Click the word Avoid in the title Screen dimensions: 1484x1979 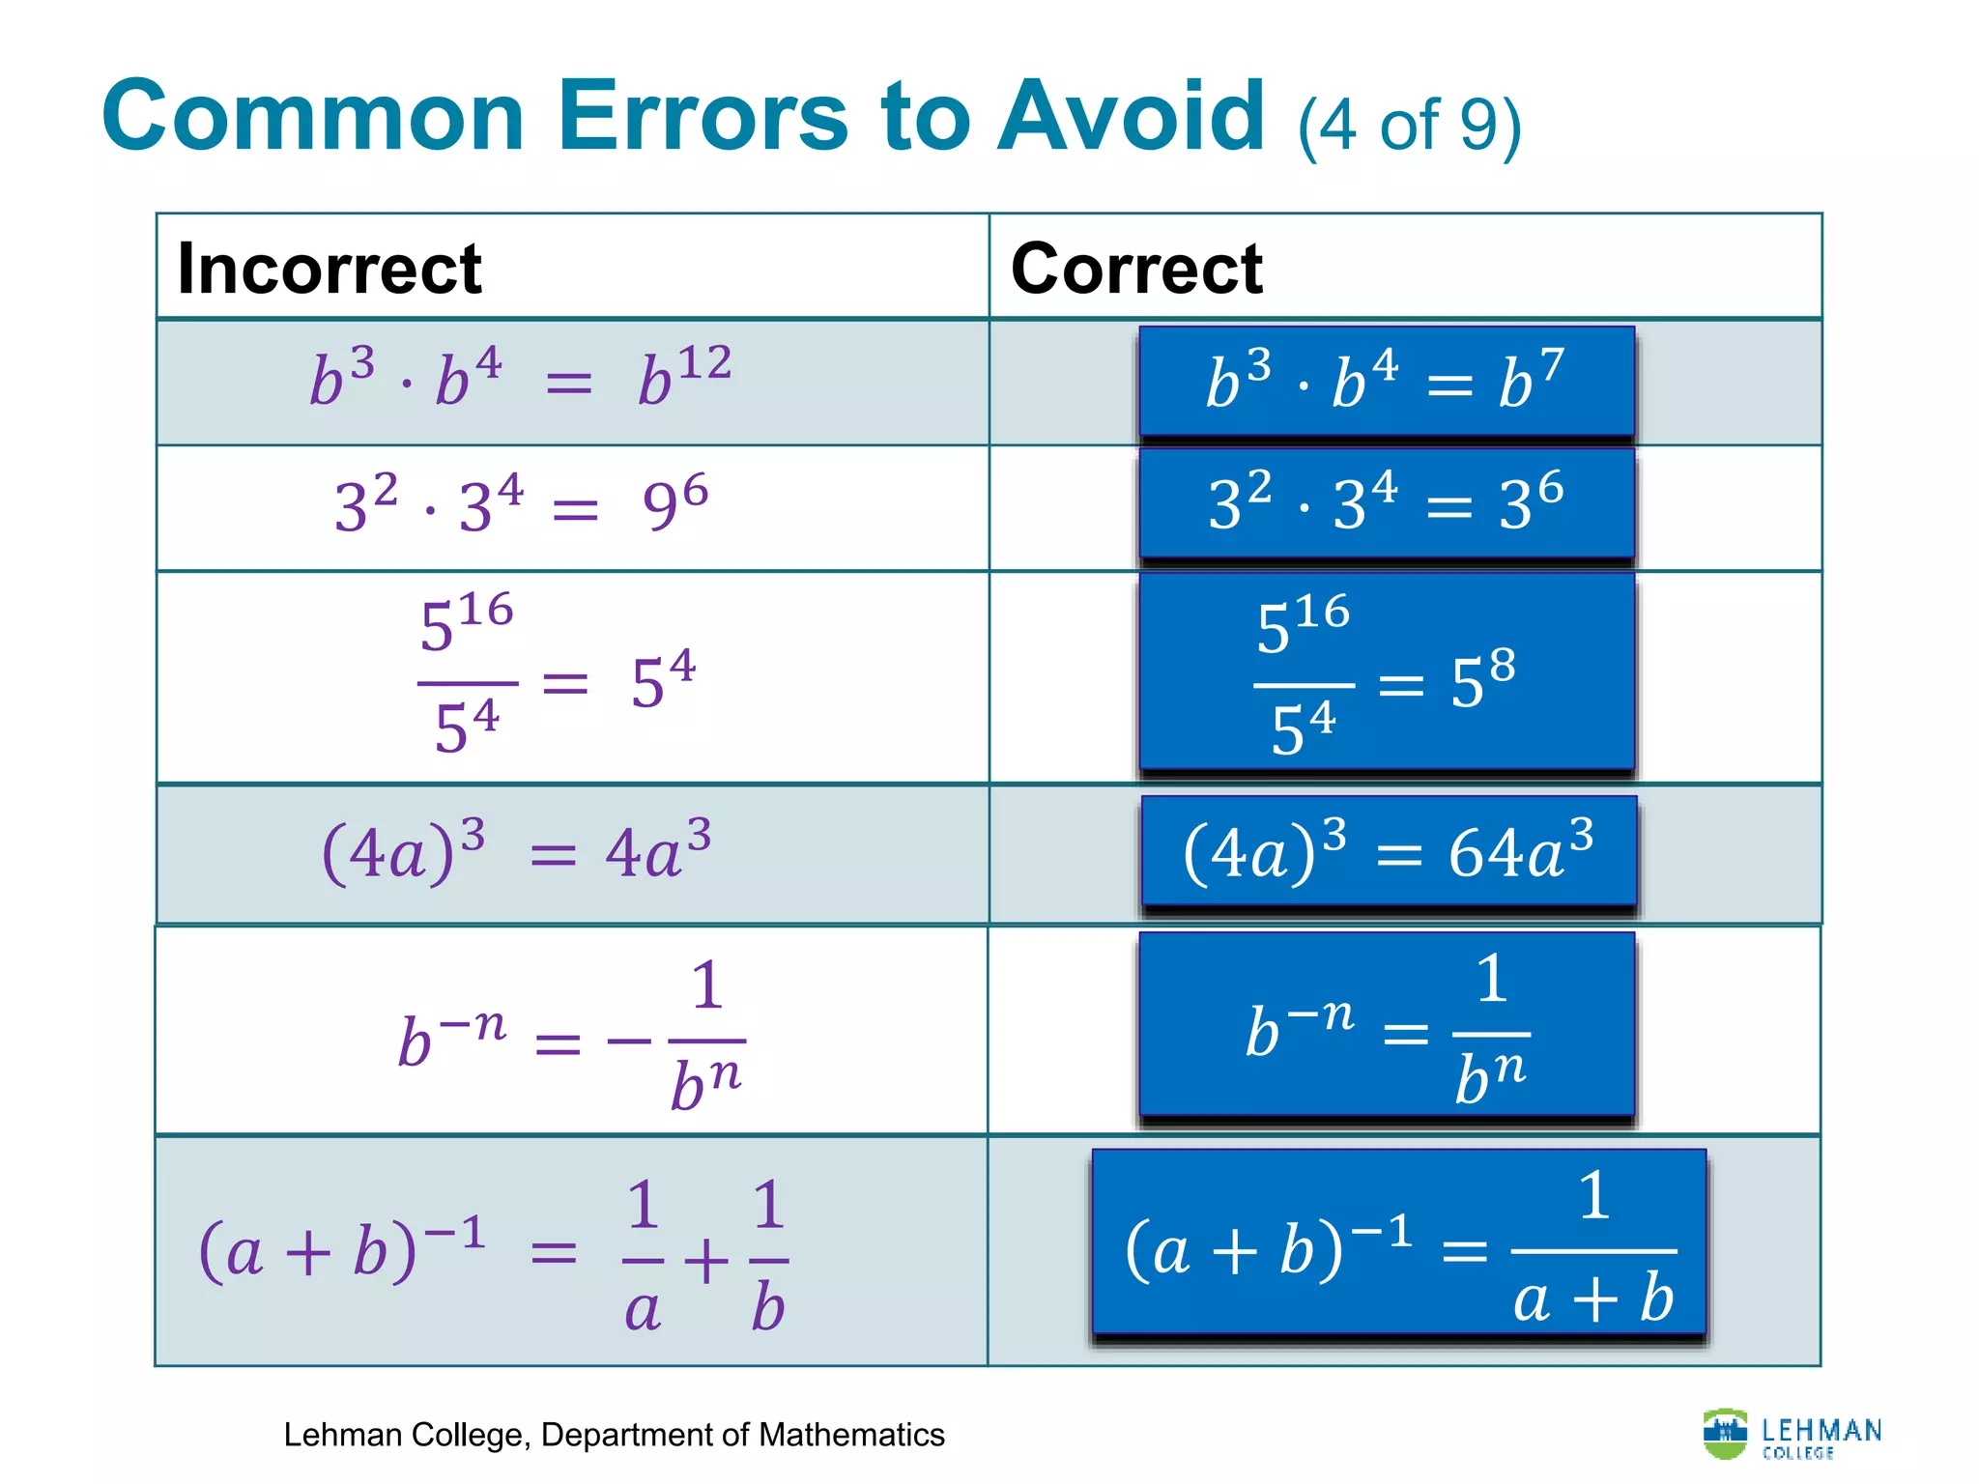[x=1131, y=117]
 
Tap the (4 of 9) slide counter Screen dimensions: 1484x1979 [x=1409, y=127]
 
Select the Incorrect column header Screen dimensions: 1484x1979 [x=330, y=268]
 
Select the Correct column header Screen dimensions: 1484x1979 [x=1136, y=268]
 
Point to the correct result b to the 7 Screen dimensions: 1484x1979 [x=1531, y=379]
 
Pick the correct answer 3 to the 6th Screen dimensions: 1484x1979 [x=1531, y=501]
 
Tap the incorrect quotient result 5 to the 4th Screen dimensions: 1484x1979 [x=663, y=680]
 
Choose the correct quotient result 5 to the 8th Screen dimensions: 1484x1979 [x=1482, y=680]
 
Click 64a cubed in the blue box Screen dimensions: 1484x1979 [x=1520, y=850]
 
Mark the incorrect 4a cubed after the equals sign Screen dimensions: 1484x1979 [x=658, y=850]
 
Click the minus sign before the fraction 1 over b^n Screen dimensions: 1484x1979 [x=629, y=1042]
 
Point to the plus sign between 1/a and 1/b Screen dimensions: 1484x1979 [x=706, y=1260]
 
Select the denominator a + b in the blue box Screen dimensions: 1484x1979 [x=1593, y=1298]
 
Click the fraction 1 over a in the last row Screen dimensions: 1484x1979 [x=643, y=1256]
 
